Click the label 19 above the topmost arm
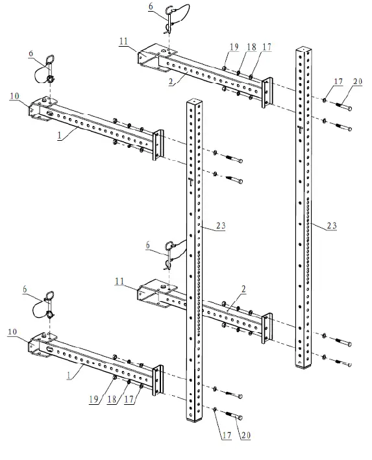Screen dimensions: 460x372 (234, 46)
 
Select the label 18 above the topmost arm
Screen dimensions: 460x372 (251, 46)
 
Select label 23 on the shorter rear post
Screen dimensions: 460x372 (331, 225)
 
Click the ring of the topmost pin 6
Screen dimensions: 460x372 (171, 9)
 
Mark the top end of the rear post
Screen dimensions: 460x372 (304, 49)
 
